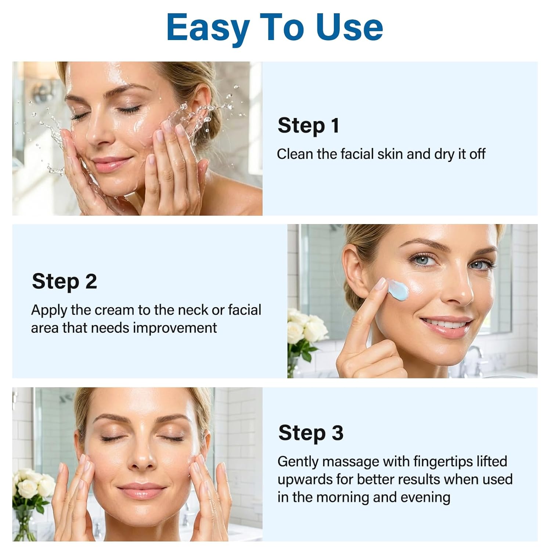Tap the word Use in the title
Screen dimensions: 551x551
[x=349, y=28]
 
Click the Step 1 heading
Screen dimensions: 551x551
[x=309, y=126]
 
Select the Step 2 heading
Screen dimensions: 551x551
[x=64, y=281]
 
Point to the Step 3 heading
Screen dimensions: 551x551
[x=311, y=433]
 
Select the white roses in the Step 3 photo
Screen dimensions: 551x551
[x=31, y=485]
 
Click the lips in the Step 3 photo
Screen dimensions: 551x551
[x=141, y=490]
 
